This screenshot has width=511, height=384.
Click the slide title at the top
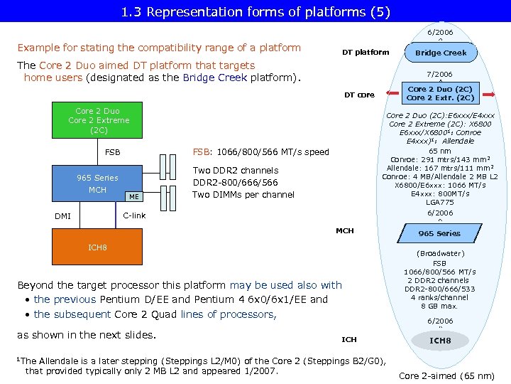(255, 11)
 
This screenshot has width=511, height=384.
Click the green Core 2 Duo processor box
(99, 121)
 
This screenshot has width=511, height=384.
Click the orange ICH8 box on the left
(97, 247)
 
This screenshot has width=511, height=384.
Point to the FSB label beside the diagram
(113, 152)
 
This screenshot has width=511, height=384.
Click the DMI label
(63, 216)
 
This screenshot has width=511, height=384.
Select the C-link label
(134, 215)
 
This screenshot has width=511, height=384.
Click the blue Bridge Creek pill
(440, 53)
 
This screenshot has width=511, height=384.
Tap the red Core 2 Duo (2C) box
(440, 93)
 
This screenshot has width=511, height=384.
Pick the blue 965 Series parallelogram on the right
(439, 233)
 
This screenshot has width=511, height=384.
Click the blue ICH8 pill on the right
(440, 341)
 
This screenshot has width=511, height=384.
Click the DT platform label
(366, 52)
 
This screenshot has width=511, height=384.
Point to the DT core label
(359, 95)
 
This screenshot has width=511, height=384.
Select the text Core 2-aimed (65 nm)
(446, 375)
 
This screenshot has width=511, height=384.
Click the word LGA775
(440, 203)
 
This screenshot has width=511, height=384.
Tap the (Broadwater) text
(440, 253)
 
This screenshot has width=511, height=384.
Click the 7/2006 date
(439, 74)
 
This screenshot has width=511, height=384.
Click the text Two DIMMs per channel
(243, 195)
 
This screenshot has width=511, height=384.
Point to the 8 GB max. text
(440, 306)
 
